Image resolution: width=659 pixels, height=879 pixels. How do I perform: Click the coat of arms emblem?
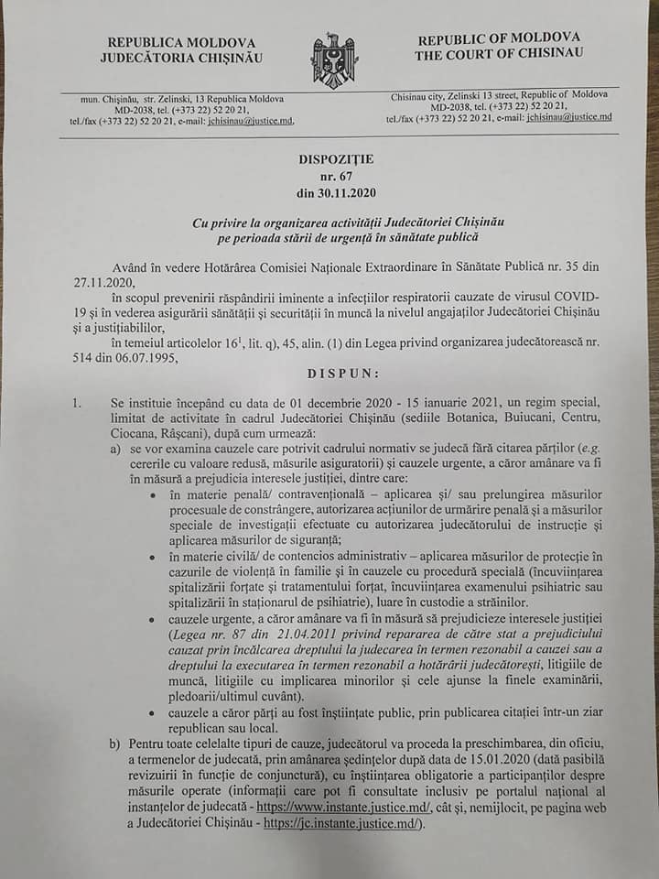pos(332,60)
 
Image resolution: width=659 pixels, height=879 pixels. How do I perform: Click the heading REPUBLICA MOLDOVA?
pos(181,43)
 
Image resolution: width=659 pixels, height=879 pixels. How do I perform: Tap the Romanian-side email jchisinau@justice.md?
pos(250,121)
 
